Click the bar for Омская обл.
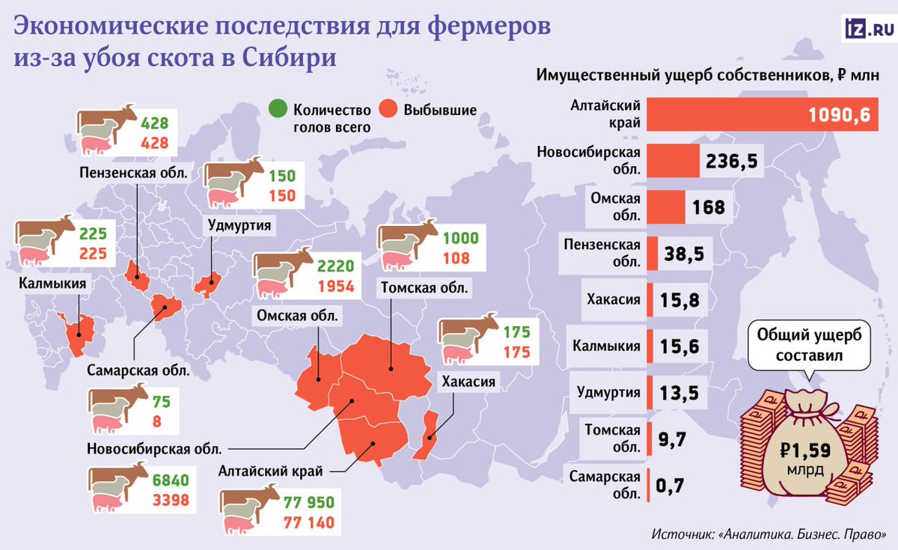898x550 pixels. click(666, 207)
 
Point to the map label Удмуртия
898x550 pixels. click(239, 224)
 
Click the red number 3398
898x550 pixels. click(171, 500)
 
